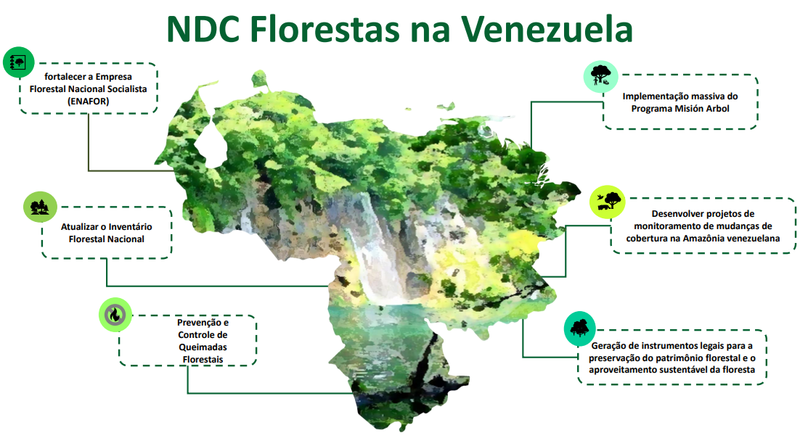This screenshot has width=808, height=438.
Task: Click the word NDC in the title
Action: click(203, 29)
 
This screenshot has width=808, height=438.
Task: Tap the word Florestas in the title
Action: click(325, 29)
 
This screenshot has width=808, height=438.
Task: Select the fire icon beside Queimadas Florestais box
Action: click(115, 314)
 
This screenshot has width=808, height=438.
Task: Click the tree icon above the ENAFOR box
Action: click(19, 62)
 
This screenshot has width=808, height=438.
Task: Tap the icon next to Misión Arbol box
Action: click(601, 76)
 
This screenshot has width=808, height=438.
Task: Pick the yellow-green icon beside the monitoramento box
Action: click(608, 202)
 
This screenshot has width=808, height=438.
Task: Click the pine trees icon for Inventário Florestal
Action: click(40, 207)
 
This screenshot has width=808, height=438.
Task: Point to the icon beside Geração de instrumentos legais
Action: click(580, 328)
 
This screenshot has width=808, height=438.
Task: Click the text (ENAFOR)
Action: click(88, 102)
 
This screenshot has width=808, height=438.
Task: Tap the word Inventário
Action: click(128, 226)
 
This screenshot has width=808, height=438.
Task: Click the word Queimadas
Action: click(203, 347)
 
